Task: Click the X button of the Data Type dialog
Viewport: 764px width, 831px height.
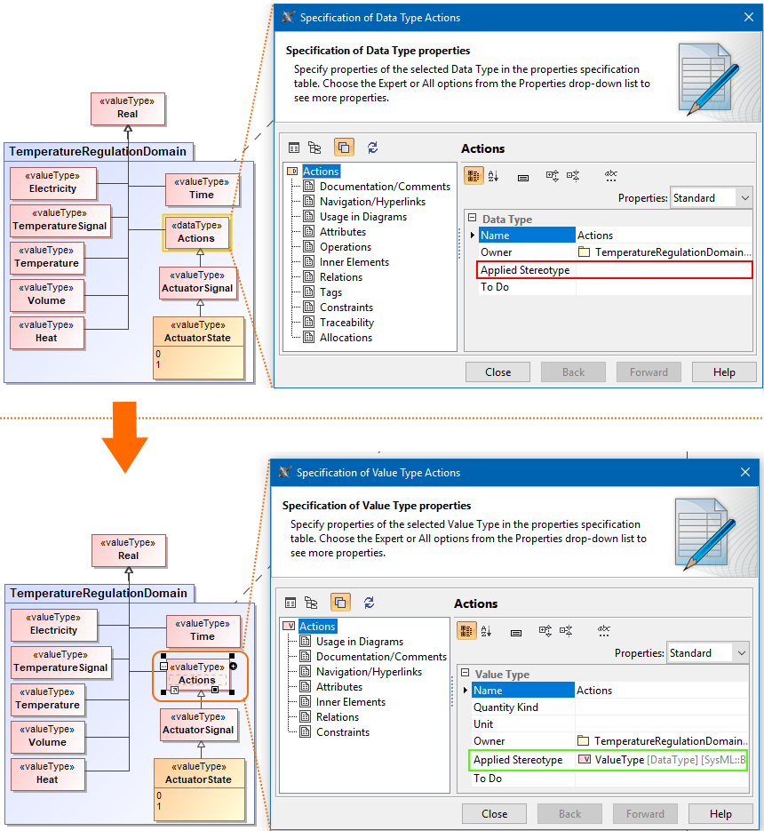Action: pyautogui.click(x=747, y=17)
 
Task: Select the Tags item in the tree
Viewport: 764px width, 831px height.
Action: pyautogui.click(x=330, y=292)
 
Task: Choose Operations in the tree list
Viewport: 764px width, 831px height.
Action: pyautogui.click(x=346, y=247)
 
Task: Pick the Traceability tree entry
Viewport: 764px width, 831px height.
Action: pyautogui.click(x=346, y=323)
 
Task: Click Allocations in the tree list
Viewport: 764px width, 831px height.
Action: pyautogui.click(x=346, y=338)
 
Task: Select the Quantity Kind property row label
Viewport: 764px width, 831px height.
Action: pyautogui.click(x=506, y=707)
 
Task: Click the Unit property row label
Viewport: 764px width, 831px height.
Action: pyautogui.click(x=483, y=724)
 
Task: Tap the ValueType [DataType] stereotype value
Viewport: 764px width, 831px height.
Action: pyautogui.click(x=662, y=760)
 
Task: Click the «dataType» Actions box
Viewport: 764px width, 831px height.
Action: pyautogui.click(x=196, y=232)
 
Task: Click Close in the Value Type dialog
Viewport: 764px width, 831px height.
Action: pyautogui.click(x=495, y=813)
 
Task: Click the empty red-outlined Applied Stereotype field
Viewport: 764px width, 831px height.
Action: pyautogui.click(x=664, y=270)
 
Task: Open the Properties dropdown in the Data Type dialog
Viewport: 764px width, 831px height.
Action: pyautogui.click(x=712, y=198)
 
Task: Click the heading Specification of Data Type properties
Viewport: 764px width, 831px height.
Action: pyautogui.click(x=378, y=51)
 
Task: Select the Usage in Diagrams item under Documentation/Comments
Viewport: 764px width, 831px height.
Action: pyautogui.click(x=362, y=217)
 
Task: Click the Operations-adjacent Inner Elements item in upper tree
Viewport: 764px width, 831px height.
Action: pyautogui.click(x=354, y=262)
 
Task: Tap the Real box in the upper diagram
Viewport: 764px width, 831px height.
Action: pyautogui.click(x=128, y=108)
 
